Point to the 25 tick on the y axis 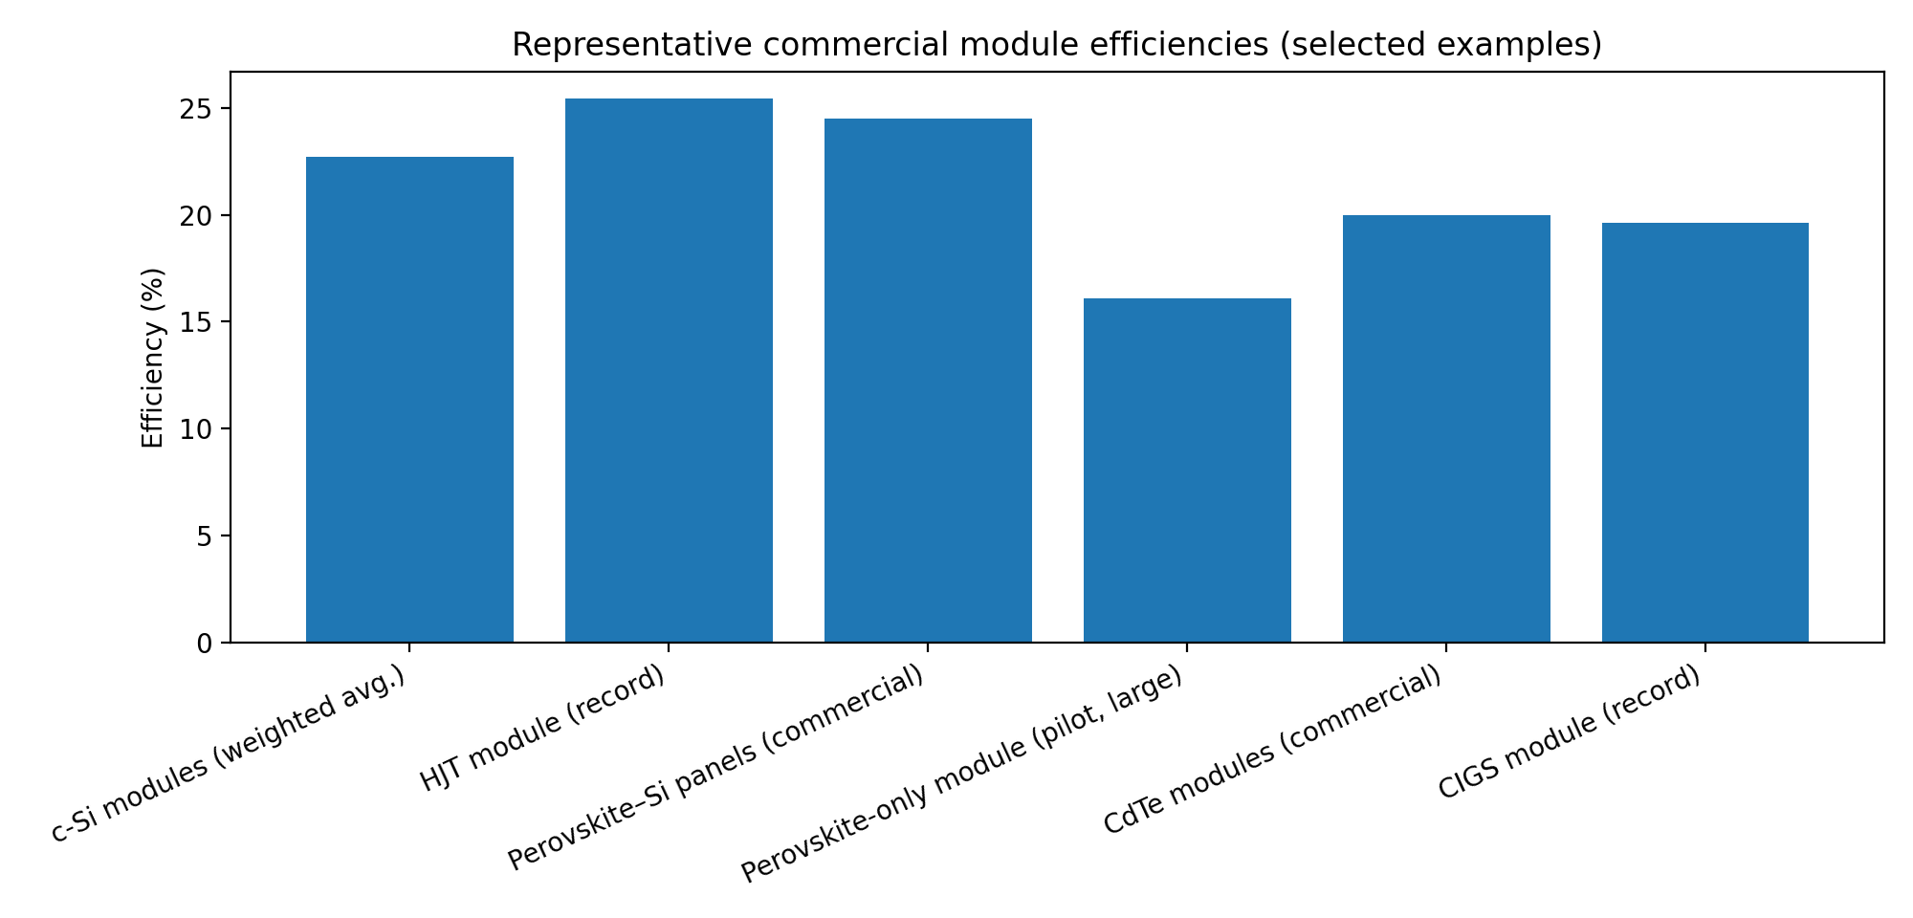point(203,109)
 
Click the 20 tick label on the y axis point(203,216)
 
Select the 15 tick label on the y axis point(203,322)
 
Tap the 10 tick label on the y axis point(203,429)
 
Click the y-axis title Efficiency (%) point(153,358)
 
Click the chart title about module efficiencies point(1057,45)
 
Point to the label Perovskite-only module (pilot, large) point(962,775)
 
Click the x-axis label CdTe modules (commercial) point(1272,751)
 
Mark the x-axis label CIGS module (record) point(1571,731)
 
